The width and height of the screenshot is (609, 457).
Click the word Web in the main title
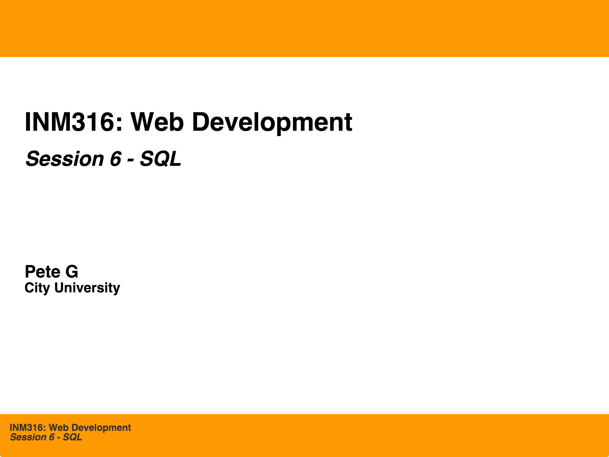(x=156, y=122)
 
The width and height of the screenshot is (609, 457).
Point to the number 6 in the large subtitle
(x=115, y=159)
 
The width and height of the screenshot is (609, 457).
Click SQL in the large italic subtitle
(x=160, y=159)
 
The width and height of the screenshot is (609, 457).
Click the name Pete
(x=42, y=272)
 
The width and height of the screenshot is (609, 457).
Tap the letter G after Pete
(x=72, y=272)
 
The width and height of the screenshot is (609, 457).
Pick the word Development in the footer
(x=101, y=428)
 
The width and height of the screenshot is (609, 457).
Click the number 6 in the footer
(x=51, y=437)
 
